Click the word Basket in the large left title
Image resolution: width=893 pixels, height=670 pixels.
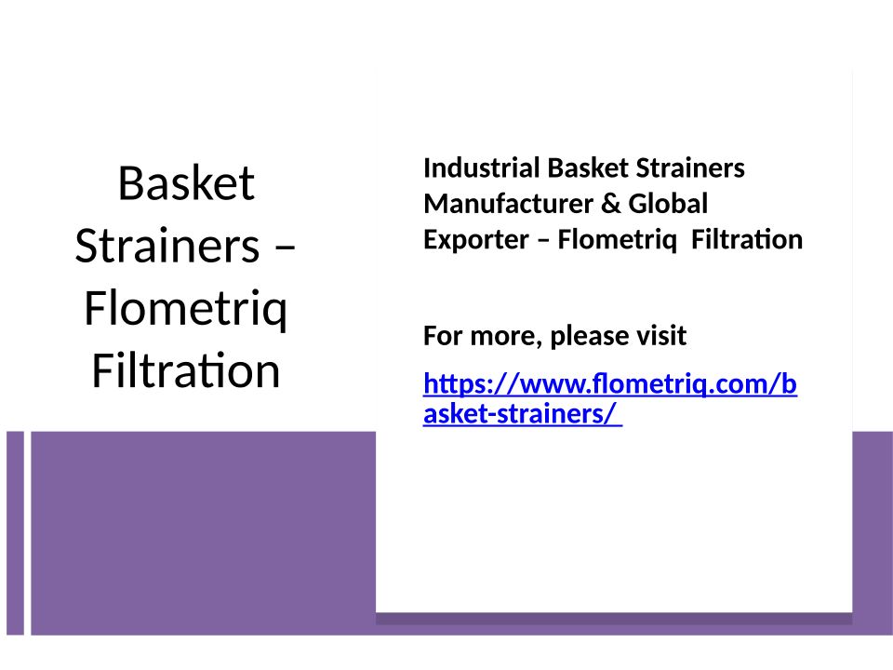click(x=186, y=183)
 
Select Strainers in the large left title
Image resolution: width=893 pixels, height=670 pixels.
click(x=167, y=246)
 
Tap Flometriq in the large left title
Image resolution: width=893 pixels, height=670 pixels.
click(x=186, y=309)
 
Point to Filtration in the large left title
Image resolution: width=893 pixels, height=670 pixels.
click(x=186, y=370)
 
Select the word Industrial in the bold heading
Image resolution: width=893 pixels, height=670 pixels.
click(x=482, y=168)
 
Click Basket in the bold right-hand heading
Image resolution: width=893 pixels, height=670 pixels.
click(x=588, y=168)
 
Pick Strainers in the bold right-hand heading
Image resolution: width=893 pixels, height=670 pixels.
click(x=690, y=168)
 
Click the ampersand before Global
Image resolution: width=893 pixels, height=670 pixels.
click(x=610, y=204)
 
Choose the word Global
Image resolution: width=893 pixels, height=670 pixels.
click(x=668, y=204)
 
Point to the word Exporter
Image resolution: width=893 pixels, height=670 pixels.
click(x=476, y=239)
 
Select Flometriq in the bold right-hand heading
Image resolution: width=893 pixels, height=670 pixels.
click(x=618, y=240)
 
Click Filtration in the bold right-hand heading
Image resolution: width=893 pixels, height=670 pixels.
click(x=747, y=239)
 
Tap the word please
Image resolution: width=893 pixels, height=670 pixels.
click(x=590, y=336)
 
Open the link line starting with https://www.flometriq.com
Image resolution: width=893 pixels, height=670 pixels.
click(x=610, y=384)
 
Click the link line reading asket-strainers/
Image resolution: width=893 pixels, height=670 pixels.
click(x=522, y=413)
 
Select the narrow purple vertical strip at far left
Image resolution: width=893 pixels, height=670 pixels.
click(x=16, y=533)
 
